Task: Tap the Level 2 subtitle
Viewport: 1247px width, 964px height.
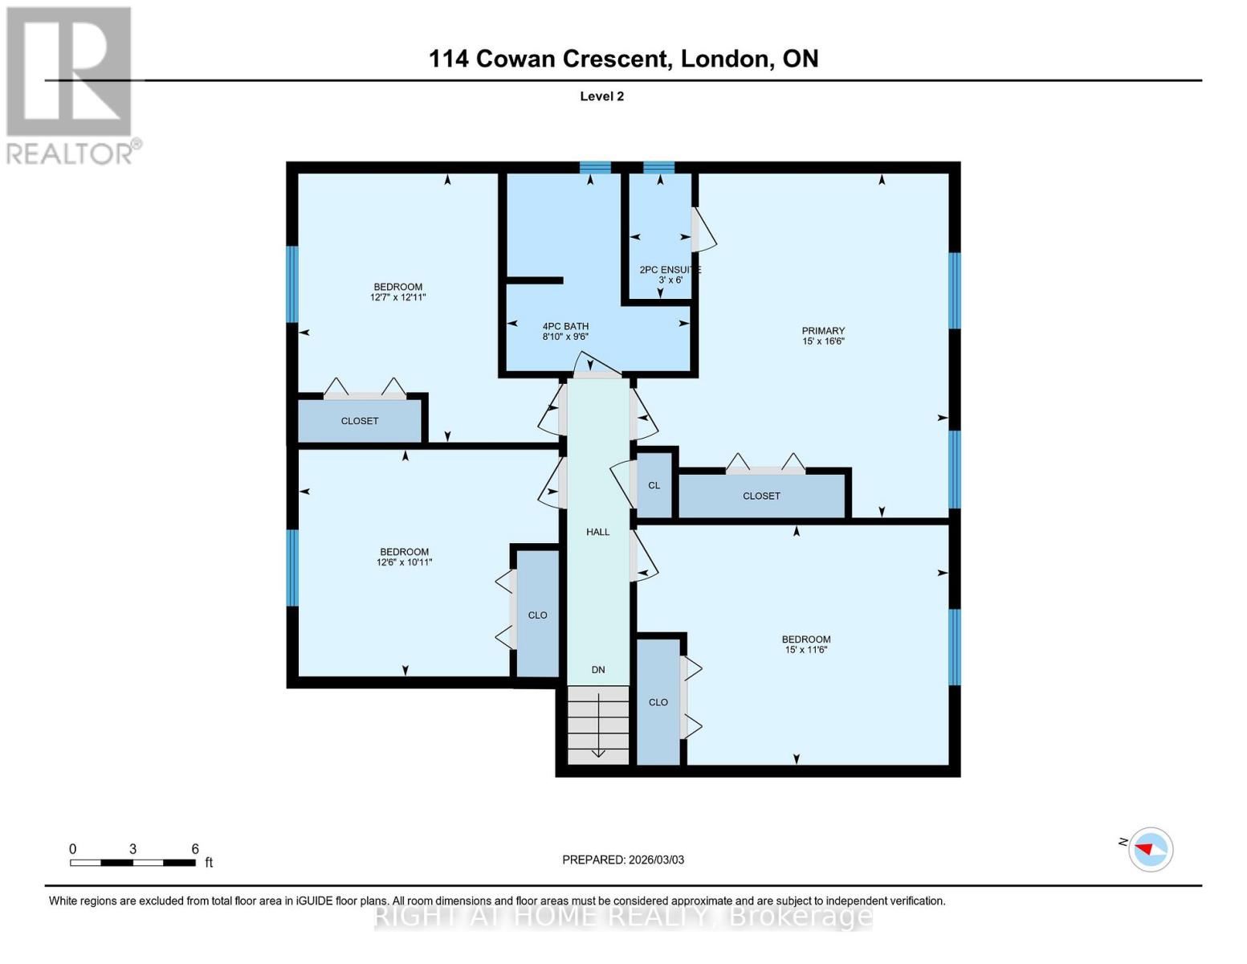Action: click(x=601, y=96)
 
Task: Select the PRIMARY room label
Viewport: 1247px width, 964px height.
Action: click(x=823, y=331)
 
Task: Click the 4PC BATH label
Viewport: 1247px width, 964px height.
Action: click(x=565, y=326)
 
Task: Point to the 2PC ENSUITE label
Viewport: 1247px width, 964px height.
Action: click(x=670, y=270)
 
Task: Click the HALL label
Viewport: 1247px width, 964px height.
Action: click(x=597, y=532)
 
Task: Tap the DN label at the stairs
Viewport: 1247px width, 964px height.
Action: click(x=598, y=670)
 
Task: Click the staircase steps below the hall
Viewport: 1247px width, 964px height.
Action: click(x=598, y=725)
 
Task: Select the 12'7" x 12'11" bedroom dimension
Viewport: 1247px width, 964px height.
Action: click(x=397, y=297)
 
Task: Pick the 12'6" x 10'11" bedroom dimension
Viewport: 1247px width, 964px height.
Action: click(x=404, y=562)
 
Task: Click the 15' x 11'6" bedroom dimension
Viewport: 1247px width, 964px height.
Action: click(x=805, y=650)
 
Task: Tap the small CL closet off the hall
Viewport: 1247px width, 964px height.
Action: click(x=654, y=485)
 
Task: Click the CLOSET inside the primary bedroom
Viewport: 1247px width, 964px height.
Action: click(x=761, y=496)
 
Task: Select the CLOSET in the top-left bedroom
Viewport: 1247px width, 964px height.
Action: click(x=359, y=421)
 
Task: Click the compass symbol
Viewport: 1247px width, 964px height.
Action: click(x=1151, y=849)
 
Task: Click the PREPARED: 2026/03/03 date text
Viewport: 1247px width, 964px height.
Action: click(x=623, y=860)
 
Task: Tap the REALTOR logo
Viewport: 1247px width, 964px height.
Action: click(x=71, y=84)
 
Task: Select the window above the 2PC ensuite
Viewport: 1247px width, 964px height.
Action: click(x=659, y=167)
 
